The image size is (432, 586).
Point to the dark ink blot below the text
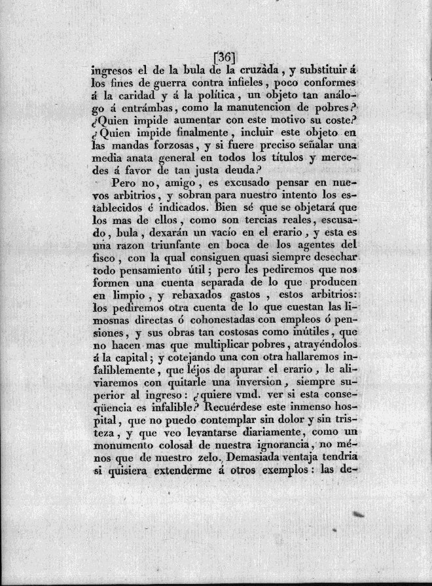(x=358, y=516)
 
